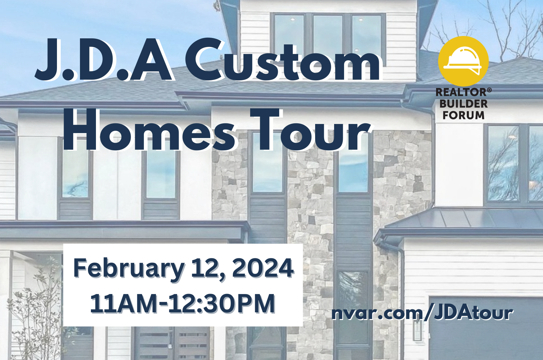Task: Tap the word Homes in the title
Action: click(149, 130)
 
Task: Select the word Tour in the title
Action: click(310, 130)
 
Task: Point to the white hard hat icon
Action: click(463, 61)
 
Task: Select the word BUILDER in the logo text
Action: click(463, 104)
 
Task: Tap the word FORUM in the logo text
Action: click(463, 115)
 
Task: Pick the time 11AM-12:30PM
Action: click(183, 303)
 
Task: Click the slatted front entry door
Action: click(172, 343)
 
